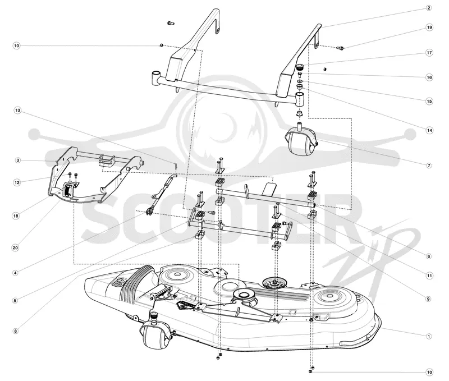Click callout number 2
point(429,8)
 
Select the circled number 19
point(429,27)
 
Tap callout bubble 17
point(429,53)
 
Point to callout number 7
point(429,166)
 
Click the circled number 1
point(429,336)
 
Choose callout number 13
point(18,111)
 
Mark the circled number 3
point(18,160)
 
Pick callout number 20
point(16,247)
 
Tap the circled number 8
point(16,331)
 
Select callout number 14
point(429,131)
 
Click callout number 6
point(429,256)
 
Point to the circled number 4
point(16,273)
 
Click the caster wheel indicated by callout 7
point(300,140)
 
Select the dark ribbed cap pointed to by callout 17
point(300,68)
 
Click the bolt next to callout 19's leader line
point(340,48)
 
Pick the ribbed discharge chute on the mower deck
point(136,282)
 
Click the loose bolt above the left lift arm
point(171,23)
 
